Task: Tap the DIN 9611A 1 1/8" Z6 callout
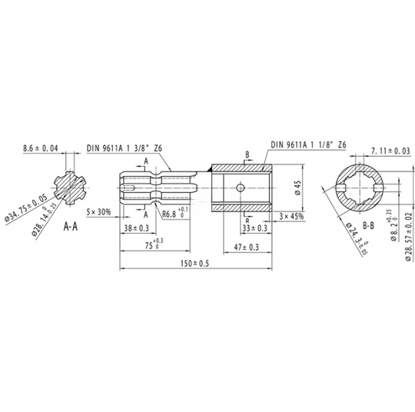click(x=310, y=145)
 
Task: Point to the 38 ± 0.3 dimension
click(x=136, y=228)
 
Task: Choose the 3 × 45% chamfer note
click(x=290, y=216)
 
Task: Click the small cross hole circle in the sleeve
click(x=240, y=186)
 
